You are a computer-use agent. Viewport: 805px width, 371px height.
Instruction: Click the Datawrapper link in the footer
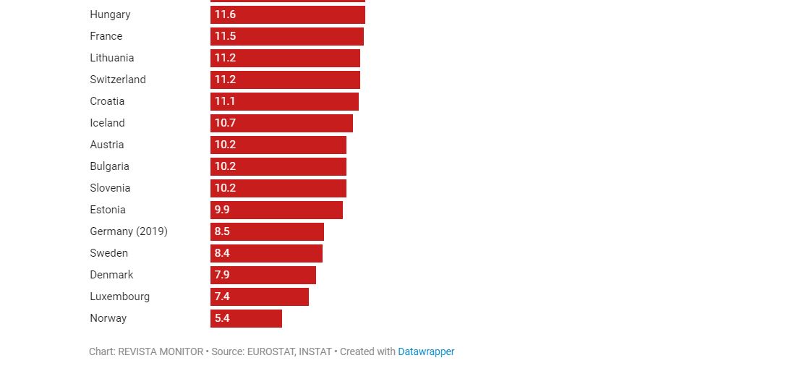click(x=426, y=352)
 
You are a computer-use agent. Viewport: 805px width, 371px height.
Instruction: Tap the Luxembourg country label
click(x=119, y=297)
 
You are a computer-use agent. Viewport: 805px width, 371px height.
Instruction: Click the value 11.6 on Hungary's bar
click(x=225, y=14)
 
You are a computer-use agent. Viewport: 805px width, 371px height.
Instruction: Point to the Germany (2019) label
click(x=129, y=231)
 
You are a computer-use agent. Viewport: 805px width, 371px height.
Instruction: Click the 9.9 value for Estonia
click(x=221, y=210)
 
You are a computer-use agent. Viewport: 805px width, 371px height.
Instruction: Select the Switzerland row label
click(x=118, y=80)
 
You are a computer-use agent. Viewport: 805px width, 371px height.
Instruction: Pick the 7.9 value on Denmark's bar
click(x=221, y=275)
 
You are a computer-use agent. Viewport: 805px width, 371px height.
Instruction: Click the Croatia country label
click(x=107, y=101)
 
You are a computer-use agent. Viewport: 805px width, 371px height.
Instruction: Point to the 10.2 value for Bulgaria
click(x=225, y=166)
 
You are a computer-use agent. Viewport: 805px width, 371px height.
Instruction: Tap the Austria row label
click(x=107, y=145)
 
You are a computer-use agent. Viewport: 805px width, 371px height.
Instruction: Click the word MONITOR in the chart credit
click(x=180, y=352)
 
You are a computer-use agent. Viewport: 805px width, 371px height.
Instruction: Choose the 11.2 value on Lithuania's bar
click(x=225, y=58)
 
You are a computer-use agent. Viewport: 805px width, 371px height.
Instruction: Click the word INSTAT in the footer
click(x=315, y=352)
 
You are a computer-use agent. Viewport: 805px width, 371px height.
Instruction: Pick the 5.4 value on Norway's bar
click(x=221, y=318)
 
